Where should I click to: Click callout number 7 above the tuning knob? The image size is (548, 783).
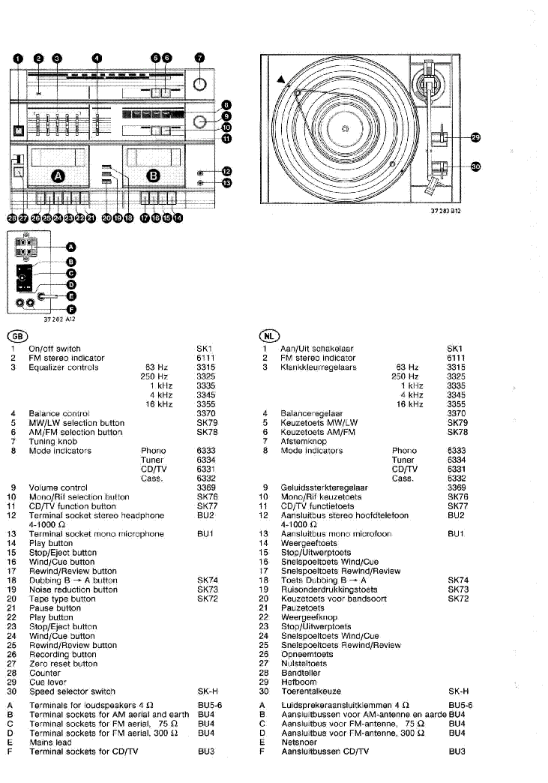[x=199, y=58]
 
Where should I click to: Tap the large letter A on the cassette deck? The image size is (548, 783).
[x=59, y=175]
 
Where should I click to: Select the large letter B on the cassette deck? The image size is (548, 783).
[x=153, y=175]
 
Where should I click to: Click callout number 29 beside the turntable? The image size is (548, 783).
[x=475, y=137]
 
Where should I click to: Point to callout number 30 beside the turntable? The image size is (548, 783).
[x=475, y=166]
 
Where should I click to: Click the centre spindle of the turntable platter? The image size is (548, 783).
[x=345, y=129]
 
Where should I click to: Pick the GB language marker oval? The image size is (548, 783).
[x=17, y=336]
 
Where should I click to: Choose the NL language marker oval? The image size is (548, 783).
[x=270, y=336]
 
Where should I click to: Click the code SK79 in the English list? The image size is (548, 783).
[x=207, y=423]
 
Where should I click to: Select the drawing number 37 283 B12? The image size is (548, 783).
[x=446, y=211]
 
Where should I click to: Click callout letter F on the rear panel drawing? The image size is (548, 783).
[x=71, y=310]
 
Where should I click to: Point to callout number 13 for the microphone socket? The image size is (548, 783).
[x=226, y=183]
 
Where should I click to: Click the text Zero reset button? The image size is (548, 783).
[x=64, y=664]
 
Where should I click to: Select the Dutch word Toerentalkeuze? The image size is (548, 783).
[x=311, y=691]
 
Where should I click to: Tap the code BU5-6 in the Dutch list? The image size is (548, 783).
[x=460, y=706]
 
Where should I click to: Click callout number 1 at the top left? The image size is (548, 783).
[x=18, y=58]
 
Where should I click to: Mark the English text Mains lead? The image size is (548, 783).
[x=50, y=742]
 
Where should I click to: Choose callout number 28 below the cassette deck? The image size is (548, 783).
[x=12, y=217]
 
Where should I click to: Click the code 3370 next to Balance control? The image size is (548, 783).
[x=206, y=413]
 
